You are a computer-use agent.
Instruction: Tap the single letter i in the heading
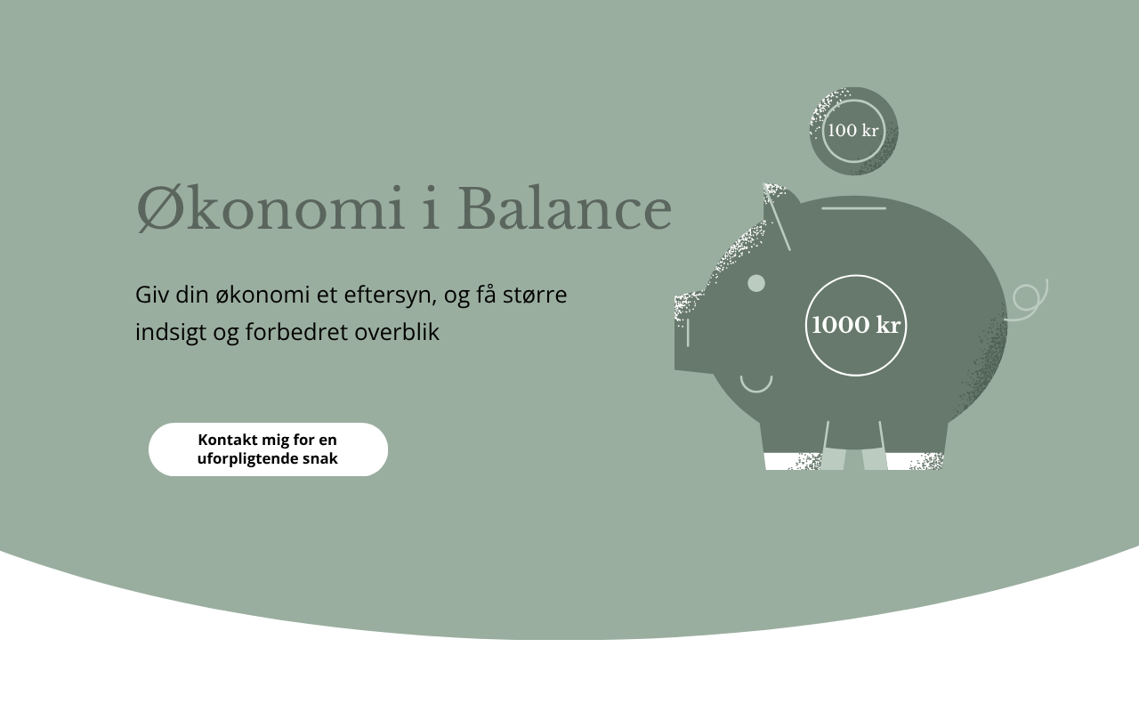pos(431,208)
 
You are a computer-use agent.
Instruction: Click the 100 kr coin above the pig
pos(853,131)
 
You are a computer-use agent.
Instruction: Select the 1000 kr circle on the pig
pos(856,326)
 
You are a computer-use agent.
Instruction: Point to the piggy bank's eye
pos(756,283)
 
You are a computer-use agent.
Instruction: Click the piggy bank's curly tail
pos(1027,301)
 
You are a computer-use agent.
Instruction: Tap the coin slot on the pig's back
pos(853,208)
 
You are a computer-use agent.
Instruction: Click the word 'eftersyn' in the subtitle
pos(390,295)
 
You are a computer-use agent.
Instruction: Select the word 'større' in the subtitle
pos(535,295)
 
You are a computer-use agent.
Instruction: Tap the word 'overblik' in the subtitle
pos(397,332)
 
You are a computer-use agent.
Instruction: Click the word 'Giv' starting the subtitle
pos(151,295)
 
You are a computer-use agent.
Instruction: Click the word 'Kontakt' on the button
pos(228,440)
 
